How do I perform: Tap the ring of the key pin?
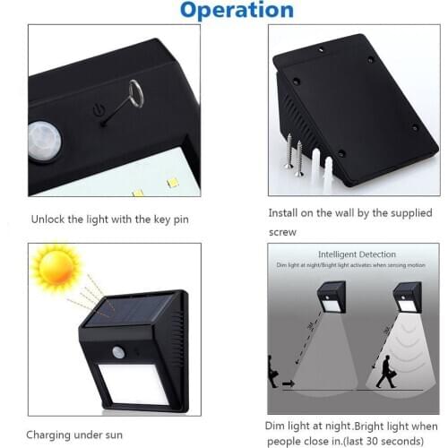coord(134,92)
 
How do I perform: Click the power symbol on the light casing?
coord(99,111)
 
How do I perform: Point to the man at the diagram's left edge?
coord(273,370)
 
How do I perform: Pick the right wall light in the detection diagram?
coord(407,297)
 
